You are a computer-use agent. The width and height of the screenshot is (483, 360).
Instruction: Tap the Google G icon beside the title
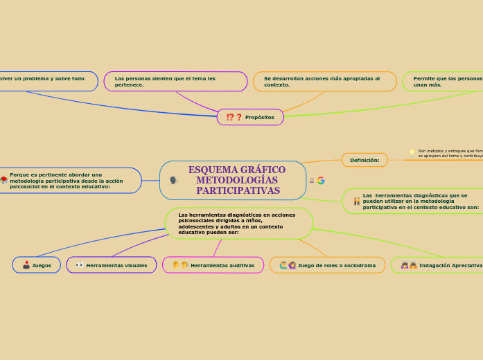(x=321, y=181)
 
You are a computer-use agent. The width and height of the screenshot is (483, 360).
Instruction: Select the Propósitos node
(x=250, y=117)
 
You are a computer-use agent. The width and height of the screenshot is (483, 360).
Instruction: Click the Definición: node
(x=365, y=160)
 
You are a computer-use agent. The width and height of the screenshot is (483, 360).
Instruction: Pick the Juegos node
(x=37, y=265)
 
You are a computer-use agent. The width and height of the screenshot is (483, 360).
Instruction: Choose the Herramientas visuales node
(x=112, y=265)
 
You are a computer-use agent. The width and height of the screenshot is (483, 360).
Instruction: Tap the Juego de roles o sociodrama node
(x=327, y=265)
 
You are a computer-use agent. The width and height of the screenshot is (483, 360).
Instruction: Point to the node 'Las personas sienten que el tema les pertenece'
(x=175, y=82)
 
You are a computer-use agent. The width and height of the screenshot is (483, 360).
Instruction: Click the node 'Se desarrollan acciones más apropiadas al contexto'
(x=324, y=82)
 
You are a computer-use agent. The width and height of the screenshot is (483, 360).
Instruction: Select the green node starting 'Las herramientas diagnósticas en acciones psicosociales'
(x=239, y=224)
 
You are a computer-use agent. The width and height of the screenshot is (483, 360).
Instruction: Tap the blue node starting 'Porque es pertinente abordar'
(x=69, y=181)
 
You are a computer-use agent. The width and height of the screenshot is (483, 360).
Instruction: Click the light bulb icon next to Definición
(x=412, y=153)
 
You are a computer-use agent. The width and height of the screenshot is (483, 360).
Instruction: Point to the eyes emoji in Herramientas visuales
(x=80, y=265)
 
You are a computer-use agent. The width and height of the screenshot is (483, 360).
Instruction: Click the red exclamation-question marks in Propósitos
(x=234, y=117)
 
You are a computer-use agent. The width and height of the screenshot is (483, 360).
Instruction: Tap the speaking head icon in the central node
(x=173, y=181)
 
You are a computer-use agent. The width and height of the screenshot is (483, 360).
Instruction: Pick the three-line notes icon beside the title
(x=312, y=181)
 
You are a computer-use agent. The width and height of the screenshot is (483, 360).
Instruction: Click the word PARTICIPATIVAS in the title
(x=238, y=190)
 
